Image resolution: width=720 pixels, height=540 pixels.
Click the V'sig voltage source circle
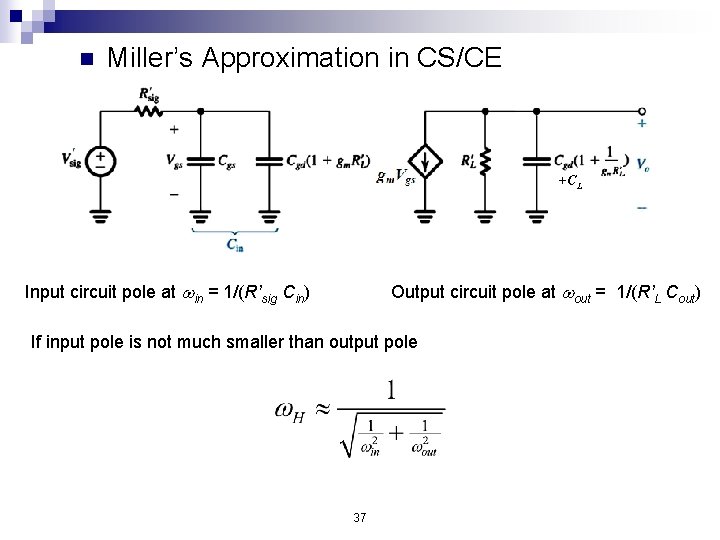[x=101, y=160]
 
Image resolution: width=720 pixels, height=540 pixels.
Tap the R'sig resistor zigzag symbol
[x=150, y=110]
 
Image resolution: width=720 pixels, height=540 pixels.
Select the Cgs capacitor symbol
[x=201, y=160]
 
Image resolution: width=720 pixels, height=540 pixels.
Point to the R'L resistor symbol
[x=485, y=160]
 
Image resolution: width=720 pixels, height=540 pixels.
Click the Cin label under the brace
[x=235, y=244]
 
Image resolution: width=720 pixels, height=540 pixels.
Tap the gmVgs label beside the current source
[x=396, y=177]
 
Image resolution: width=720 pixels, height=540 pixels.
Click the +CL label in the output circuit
[x=570, y=181]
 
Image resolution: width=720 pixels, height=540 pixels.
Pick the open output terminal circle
[x=641, y=111]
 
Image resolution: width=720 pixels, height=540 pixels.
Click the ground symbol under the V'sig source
[x=101, y=214]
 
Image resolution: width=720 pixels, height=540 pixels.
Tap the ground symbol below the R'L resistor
[x=485, y=214]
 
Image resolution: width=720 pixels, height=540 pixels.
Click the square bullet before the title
[x=85, y=59]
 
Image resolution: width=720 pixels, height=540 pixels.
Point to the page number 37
[x=360, y=517]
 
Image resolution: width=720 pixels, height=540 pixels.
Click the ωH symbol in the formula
[x=289, y=411]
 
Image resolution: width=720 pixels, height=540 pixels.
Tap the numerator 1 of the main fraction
[x=391, y=390]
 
